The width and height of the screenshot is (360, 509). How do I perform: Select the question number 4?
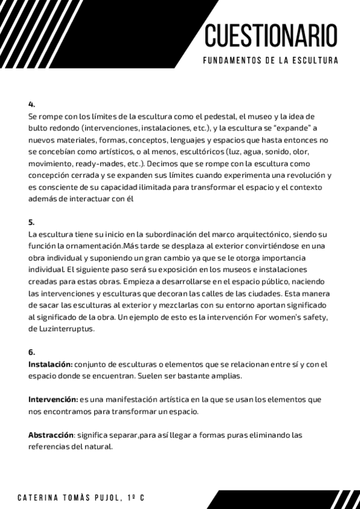pos(31,104)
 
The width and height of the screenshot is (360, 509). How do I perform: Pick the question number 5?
pos(31,221)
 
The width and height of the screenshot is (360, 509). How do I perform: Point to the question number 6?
pos(31,352)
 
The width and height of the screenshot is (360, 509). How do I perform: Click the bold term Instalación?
pos(50,364)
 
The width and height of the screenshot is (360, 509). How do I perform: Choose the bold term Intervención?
pos(53,399)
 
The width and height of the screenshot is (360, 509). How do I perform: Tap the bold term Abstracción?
pos(50,434)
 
